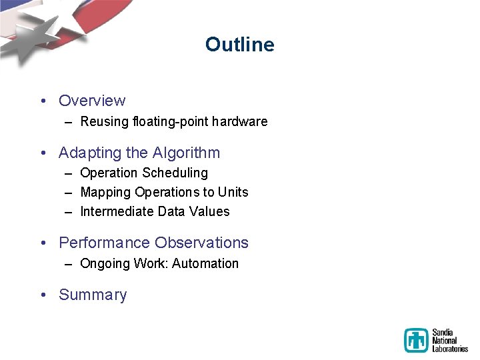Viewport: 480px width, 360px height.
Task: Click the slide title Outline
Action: (239, 45)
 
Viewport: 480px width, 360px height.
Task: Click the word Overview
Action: (92, 101)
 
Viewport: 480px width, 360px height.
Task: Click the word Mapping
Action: (105, 192)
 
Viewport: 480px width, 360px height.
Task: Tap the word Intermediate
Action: (117, 211)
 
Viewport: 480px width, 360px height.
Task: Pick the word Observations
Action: (201, 243)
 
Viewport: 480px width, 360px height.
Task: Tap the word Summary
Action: (93, 295)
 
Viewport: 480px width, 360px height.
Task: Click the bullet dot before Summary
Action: (43, 295)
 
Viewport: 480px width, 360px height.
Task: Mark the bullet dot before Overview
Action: (43, 101)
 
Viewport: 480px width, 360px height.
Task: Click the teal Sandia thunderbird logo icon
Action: (417, 340)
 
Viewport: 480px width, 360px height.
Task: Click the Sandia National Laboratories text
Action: (449, 340)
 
